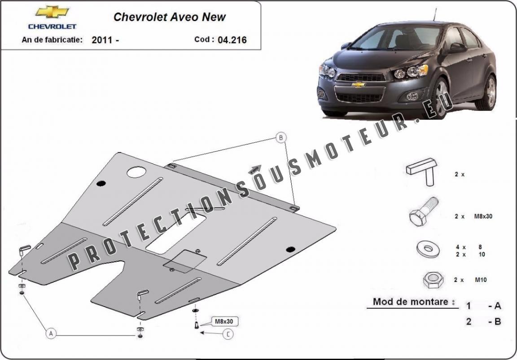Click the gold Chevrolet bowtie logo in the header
click(52, 12)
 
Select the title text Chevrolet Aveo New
click(170, 17)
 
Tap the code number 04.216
click(232, 40)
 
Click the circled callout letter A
click(51, 334)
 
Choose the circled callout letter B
click(281, 138)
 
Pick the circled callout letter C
click(228, 334)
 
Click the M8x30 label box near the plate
click(224, 321)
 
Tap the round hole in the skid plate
click(136, 172)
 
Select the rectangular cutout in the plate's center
click(176, 233)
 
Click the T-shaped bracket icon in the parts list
click(422, 171)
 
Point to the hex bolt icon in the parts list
click(423, 211)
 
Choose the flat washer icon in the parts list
click(428, 250)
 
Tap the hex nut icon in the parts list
click(433, 280)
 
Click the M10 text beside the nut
click(481, 280)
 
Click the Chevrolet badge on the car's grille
click(358, 85)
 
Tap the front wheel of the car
click(438, 98)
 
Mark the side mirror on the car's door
click(457, 48)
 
